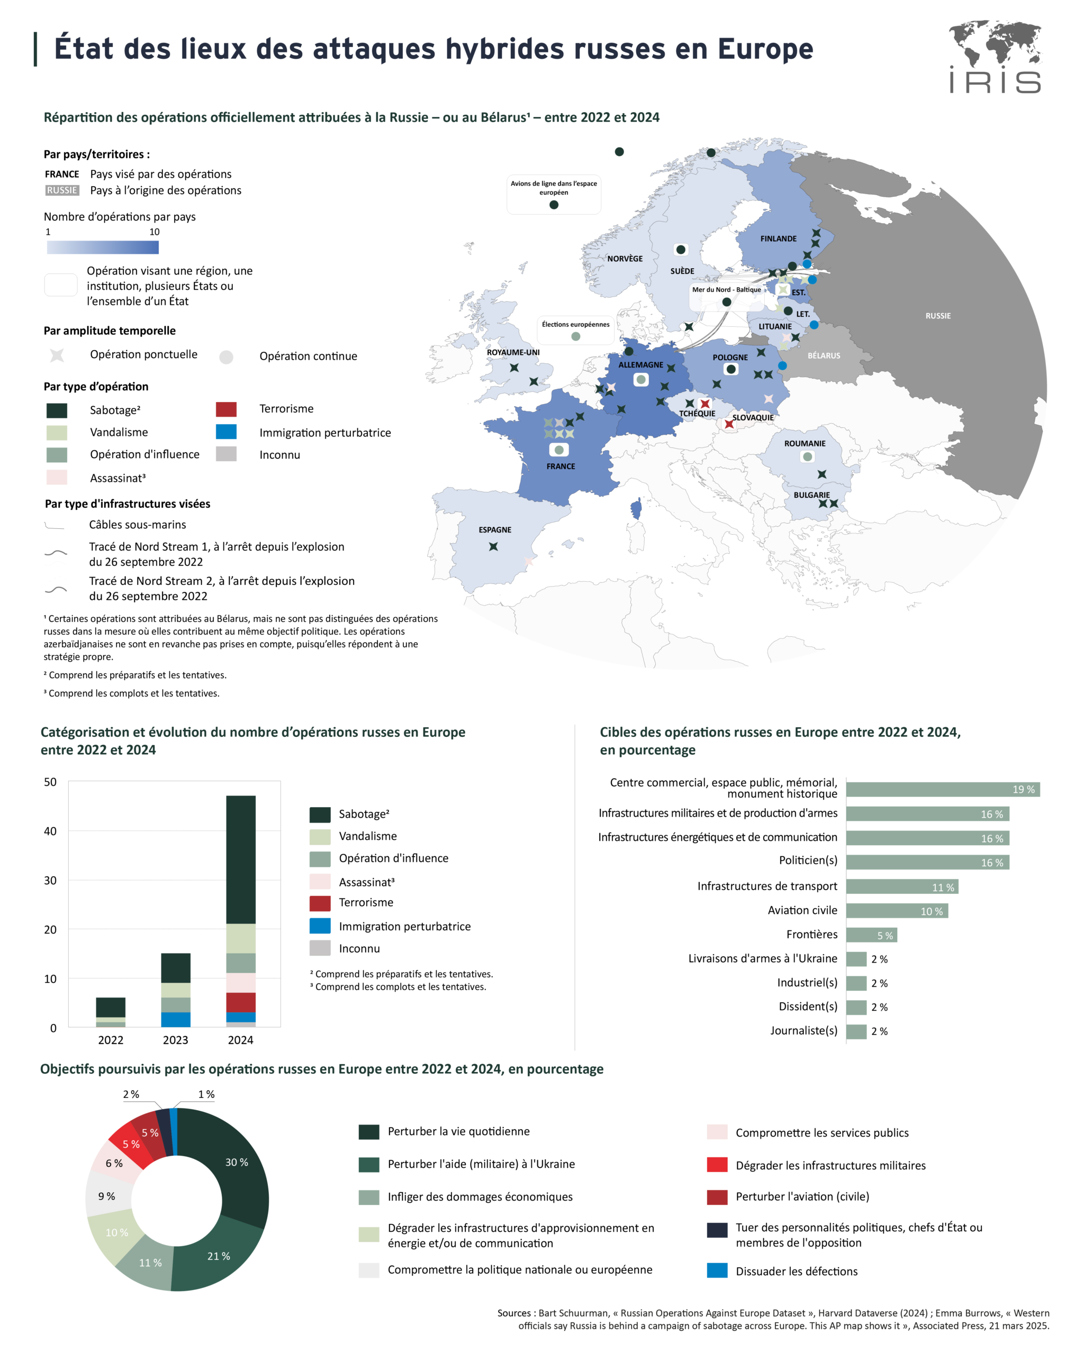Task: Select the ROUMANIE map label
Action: [805, 443]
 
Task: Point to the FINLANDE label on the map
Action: [778, 239]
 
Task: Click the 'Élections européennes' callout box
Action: [576, 330]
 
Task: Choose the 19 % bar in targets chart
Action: [942, 790]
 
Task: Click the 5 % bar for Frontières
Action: [871, 935]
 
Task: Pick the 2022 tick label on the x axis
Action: [111, 1040]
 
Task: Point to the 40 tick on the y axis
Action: [50, 831]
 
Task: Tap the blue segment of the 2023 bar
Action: [175, 1019]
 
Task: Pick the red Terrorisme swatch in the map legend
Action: [226, 409]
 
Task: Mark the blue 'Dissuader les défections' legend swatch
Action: [717, 1270]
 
